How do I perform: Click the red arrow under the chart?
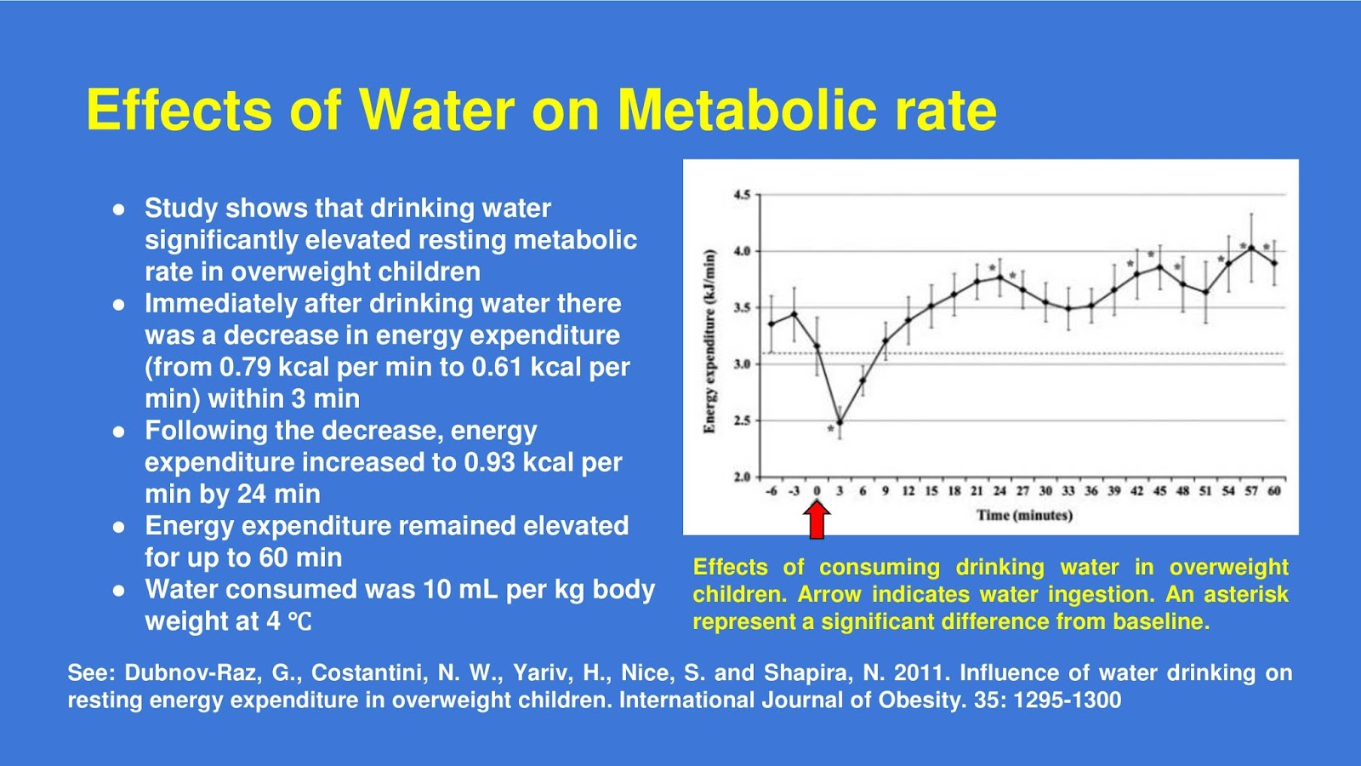pos(817,519)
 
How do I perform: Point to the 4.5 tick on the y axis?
pos(742,195)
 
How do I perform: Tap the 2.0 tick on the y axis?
pos(742,477)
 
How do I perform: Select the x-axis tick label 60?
pos(1273,491)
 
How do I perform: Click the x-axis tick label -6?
pos(771,491)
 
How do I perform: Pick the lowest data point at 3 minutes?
pos(840,422)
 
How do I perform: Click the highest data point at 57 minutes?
pos(1250,248)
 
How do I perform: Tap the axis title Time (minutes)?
pos(1023,515)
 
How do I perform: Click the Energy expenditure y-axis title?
pos(709,340)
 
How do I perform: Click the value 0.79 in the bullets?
pos(245,367)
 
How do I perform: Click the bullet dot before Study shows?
pos(119,209)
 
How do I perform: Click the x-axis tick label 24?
pos(999,491)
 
